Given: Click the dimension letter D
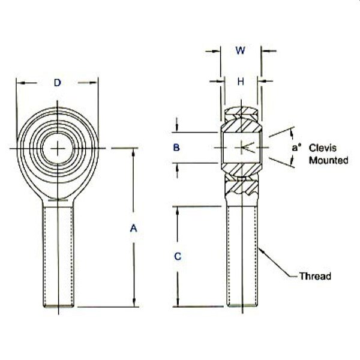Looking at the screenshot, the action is [x=58, y=83].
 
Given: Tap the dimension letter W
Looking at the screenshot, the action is [x=241, y=50].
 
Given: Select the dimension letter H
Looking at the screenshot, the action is [x=241, y=82].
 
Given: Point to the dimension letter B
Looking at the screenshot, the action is [x=176, y=147].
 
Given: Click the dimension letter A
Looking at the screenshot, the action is [x=133, y=228].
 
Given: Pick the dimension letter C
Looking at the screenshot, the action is [x=178, y=256].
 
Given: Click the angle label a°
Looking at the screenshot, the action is [x=296, y=148].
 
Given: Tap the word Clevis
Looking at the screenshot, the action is [x=322, y=148].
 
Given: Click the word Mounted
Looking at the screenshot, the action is [x=328, y=160].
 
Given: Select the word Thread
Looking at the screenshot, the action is [x=315, y=276].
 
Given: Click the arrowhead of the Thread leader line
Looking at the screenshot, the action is [x=260, y=249].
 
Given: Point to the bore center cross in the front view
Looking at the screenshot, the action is [x=58, y=149].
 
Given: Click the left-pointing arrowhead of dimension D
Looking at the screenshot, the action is [x=19, y=83].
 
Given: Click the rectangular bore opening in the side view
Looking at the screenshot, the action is [x=241, y=148].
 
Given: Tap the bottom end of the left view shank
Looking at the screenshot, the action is [x=59, y=306].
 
